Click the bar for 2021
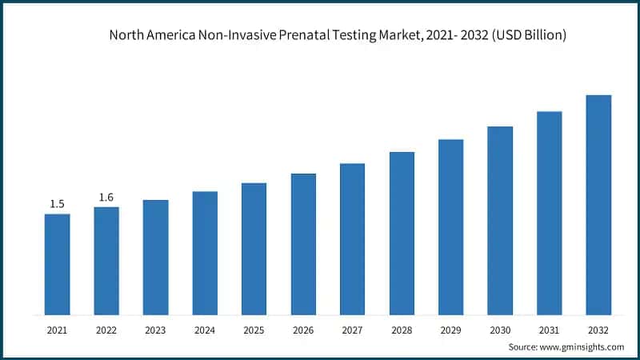tap(57, 264)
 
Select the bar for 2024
tap(205, 253)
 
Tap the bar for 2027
tap(352, 238)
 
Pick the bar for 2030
tap(500, 220)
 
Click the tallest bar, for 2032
tap(598, 205)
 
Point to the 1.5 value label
tap(57, 204)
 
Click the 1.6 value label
tap(106, 198)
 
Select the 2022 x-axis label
tap(106, 329)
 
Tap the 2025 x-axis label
tap(254, 329)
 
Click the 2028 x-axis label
tap(402, 329)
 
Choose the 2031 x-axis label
tap(549, 329)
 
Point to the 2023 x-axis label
tap(155, 329)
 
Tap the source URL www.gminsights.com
tap(583, 347)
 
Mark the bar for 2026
tap(303, 244)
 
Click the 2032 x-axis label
tap(598, 329)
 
